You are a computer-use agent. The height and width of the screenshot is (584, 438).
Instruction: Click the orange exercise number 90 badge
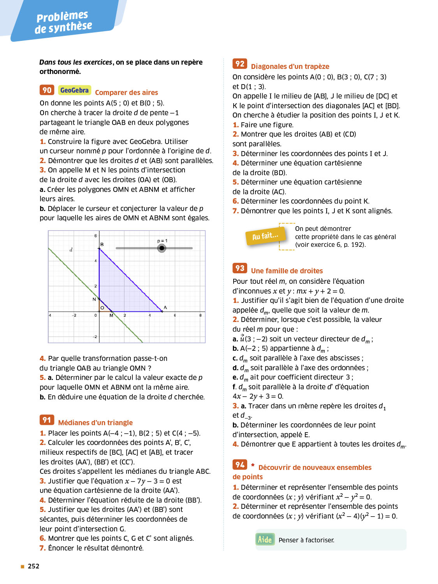47,90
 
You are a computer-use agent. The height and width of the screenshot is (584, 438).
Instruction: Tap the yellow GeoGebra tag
74,90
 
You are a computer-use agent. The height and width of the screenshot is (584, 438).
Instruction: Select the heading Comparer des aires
126,93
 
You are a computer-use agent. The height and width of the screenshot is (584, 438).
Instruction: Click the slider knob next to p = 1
162,248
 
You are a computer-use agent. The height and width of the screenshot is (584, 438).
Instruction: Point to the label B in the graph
102,245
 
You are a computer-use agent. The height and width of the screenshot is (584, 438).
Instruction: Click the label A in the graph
165,308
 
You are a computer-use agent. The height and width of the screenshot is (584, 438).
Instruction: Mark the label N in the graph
94,299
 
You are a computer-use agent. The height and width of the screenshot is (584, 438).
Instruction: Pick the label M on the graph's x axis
111,315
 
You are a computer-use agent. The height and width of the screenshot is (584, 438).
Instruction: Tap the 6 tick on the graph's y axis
95,236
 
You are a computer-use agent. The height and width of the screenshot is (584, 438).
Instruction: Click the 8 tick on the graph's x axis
201,315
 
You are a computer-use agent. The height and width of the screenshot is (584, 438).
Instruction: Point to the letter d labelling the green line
71,250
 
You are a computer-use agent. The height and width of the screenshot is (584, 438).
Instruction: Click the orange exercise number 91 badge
47,420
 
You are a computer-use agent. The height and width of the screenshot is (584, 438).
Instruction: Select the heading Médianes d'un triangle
95,423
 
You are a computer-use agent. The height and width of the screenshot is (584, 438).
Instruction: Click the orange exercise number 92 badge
240,64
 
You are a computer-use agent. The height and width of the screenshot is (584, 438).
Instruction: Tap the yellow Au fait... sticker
266,236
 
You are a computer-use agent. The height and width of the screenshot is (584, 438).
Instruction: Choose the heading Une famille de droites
287,271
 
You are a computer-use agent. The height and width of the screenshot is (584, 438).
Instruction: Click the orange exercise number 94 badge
240,464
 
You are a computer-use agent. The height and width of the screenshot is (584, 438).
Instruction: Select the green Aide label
265,539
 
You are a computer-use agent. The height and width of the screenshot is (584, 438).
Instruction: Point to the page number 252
33,566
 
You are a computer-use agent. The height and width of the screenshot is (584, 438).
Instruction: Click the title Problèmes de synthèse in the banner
63,22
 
